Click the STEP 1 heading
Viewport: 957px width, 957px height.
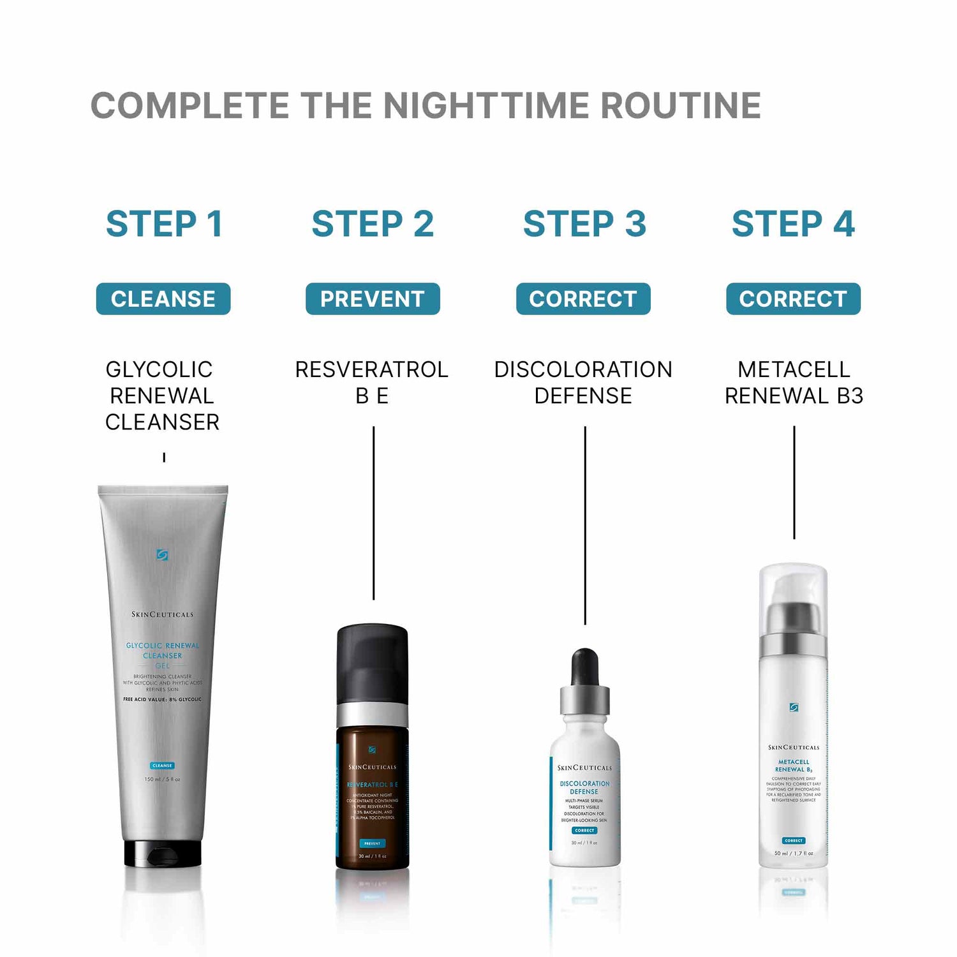click(164, 224)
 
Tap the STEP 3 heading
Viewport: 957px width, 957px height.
click(584, 224)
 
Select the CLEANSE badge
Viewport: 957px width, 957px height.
click(163, 299)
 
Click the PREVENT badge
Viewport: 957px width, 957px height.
click(373, 299)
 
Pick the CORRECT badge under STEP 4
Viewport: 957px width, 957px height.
click(793, 299)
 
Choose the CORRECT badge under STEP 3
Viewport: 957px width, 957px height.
click(583, 299)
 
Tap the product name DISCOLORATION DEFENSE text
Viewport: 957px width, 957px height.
click(583, 382)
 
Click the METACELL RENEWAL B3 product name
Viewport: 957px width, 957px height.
click(794, 382)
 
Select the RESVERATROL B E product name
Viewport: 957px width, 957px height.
click(372, 382)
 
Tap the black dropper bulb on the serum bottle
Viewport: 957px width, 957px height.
click(584, 667)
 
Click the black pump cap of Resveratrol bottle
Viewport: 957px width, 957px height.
click(373, 664)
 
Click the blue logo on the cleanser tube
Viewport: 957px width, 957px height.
click(163, 555)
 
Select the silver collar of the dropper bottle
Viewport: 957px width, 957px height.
click(584, 700)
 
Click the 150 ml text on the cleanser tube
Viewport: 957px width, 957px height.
click(162, 779)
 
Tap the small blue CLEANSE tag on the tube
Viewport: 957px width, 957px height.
click(163, 766)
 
